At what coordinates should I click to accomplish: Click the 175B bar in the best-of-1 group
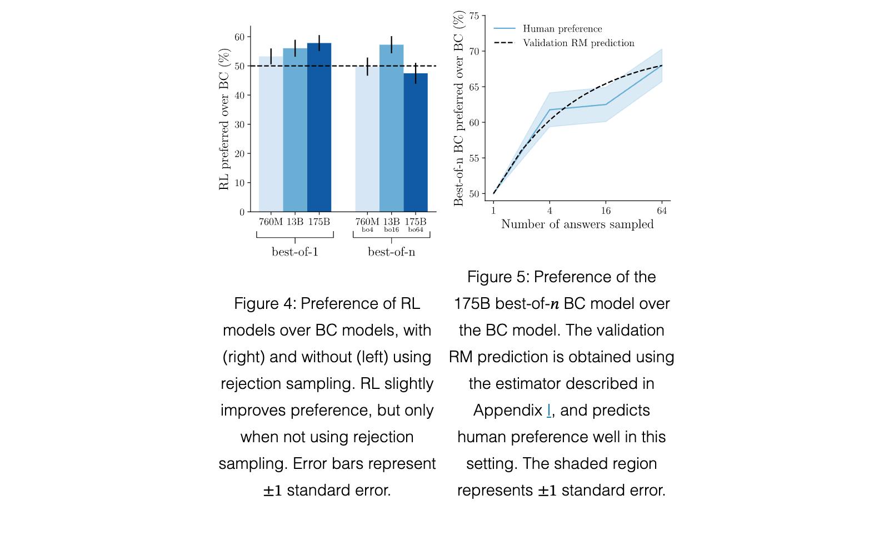coord(319,127)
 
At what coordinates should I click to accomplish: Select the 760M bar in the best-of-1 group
coord(271,134)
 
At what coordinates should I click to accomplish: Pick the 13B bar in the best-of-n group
coord(391,128)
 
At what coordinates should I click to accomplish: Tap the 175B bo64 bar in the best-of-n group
coord(416,142)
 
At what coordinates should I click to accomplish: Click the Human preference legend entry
coord(548,28)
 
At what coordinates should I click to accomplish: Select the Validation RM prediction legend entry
coord(564,43)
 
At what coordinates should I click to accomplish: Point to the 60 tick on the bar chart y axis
coord(239,37)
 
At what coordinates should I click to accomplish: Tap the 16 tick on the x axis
coord(606,211)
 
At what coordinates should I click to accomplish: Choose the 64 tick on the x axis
coord(662,211)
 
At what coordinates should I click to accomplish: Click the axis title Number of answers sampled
coord(577,224)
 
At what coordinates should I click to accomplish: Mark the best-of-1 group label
coord(295,252)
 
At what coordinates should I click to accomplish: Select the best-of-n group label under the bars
coord(391,252)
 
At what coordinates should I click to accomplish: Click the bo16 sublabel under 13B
coord(391,230)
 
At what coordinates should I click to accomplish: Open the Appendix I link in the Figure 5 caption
coord(548,411)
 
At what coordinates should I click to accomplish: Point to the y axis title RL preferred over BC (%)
coord(224,119)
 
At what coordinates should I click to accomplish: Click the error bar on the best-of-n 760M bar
coord(367,66)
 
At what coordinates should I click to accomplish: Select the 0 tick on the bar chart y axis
coord(242,212)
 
